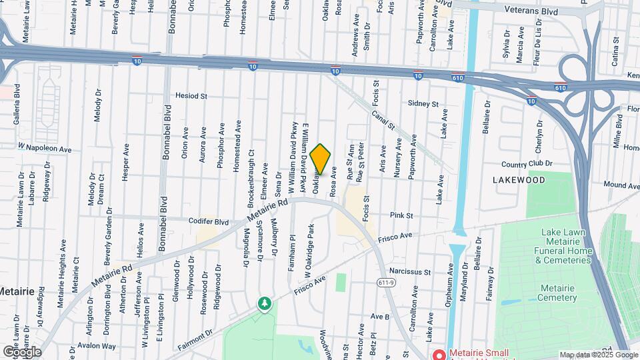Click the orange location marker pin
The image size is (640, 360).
coord(321,159)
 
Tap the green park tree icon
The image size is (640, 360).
coord(265,304)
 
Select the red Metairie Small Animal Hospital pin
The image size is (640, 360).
coord(439,353)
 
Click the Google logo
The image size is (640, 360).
coord(23,351)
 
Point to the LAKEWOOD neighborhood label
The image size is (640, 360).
coord(519,180)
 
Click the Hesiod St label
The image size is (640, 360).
coord(189,95)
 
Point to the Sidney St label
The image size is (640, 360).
coord(423,104)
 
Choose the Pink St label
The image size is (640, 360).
coord(402,215)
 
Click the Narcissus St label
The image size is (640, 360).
coord(411,272)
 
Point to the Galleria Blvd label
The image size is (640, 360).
coord(17,105)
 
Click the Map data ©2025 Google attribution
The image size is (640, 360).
coord(598,355)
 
